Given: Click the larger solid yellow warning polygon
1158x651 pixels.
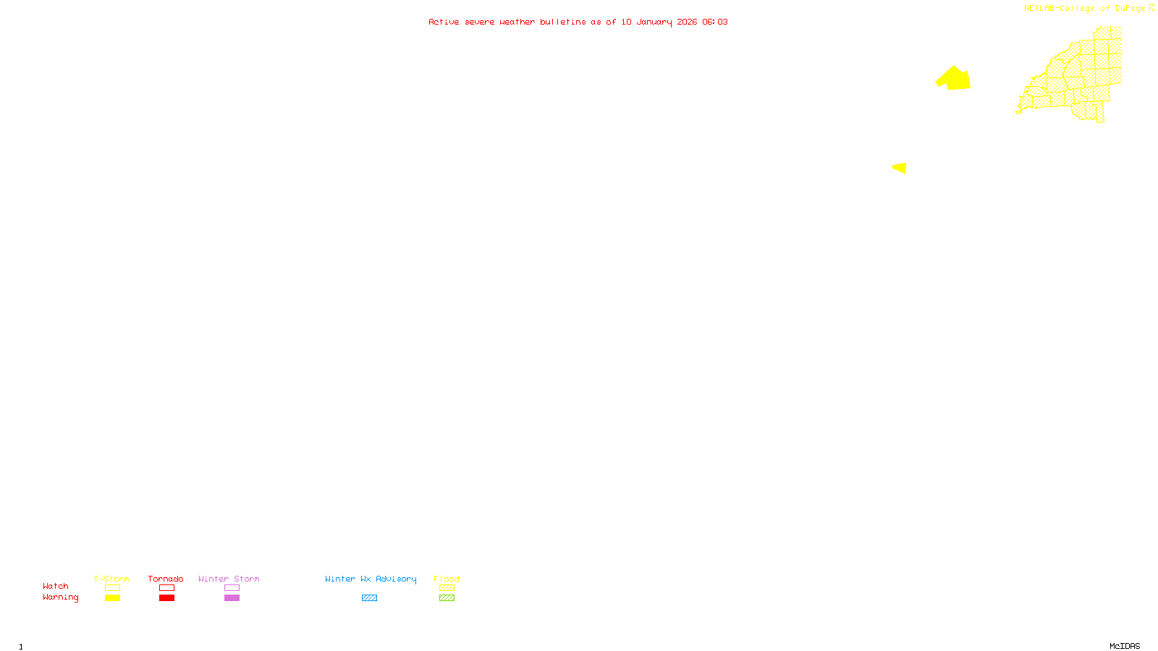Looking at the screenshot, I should (x=955, y=79).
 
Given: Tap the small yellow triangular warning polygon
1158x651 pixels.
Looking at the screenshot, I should (x=900, y=168).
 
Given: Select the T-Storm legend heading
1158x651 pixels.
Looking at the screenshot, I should (x=111, y=579).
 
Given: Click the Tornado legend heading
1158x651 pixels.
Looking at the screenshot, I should (x=166, y=579).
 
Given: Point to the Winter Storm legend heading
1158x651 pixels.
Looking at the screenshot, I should (x=229, y=579).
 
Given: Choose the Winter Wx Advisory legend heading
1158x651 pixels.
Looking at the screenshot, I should (x=371, y=579).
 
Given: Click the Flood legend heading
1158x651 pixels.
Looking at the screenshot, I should (x=447, y=579).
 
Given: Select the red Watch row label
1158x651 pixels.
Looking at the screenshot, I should (x=56, y=587).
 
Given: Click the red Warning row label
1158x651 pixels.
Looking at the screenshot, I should (x=61, y=597).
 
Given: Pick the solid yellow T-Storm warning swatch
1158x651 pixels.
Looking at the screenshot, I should (x=112, y=598).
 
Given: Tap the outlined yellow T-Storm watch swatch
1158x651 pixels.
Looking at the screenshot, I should (x=112, y=588).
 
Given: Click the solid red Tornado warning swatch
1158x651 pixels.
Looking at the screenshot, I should (x=166, y=598).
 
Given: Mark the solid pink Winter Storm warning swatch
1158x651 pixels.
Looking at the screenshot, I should (x=232, y=598).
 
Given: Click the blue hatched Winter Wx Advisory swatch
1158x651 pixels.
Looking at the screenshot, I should (x=369, y=598).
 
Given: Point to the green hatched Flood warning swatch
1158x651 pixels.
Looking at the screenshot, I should (x=447, y=598).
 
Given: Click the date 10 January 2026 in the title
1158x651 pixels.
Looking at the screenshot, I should (x=659, y=22).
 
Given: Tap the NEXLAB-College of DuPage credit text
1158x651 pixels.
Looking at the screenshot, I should (x=1084, y=9).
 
